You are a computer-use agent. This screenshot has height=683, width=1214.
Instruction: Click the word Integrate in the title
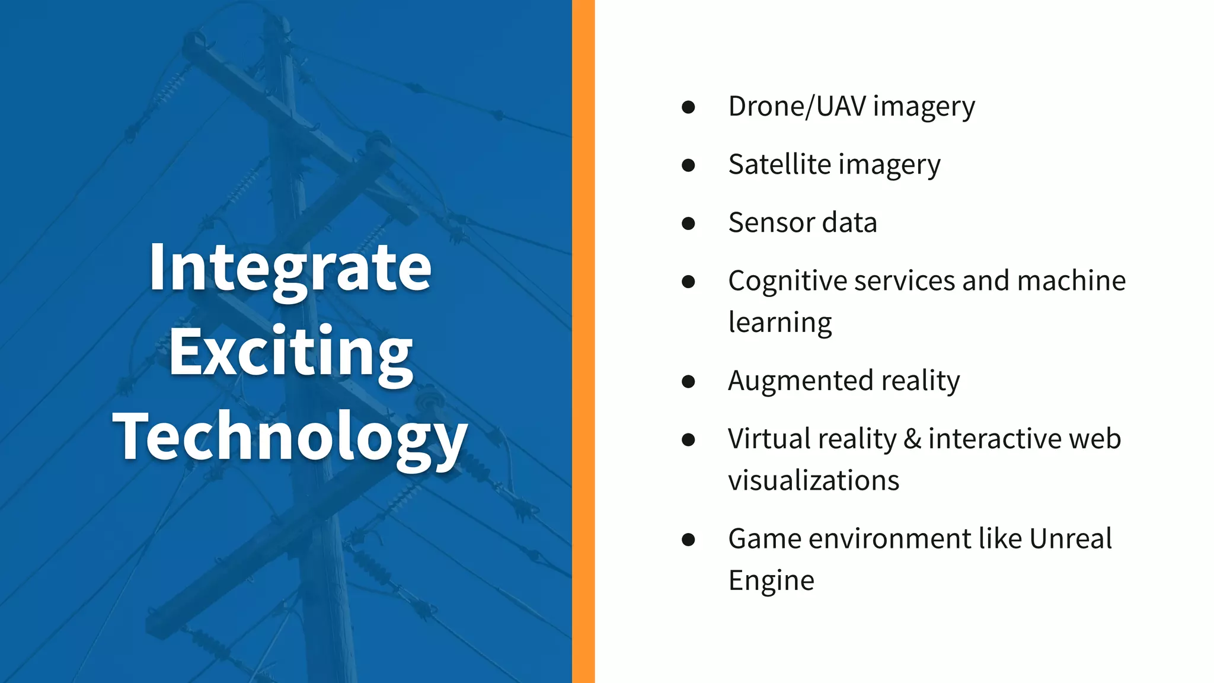tap(290, 269)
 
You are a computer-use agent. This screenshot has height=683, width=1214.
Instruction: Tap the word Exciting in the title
tap(290, 353)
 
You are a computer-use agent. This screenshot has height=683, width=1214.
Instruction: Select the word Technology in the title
tap(290, 438)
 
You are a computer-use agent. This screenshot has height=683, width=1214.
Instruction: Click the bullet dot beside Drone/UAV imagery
tap(688, 107)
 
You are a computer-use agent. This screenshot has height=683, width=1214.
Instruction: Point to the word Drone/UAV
tap(797, 107)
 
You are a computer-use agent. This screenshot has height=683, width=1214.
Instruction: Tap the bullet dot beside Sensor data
tap(688, 224)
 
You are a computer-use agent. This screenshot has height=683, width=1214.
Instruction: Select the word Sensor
tap(771, 223)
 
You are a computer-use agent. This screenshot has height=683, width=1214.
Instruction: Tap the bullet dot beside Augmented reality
tap(688, 381)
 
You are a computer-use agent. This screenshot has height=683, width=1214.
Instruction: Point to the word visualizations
tap(813, 480)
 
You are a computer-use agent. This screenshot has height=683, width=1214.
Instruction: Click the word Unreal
tap(1070, 538)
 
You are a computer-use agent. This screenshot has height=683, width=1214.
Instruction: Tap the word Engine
tap(771, 580)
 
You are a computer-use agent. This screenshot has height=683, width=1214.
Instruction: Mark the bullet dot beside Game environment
tap(688, 540)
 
